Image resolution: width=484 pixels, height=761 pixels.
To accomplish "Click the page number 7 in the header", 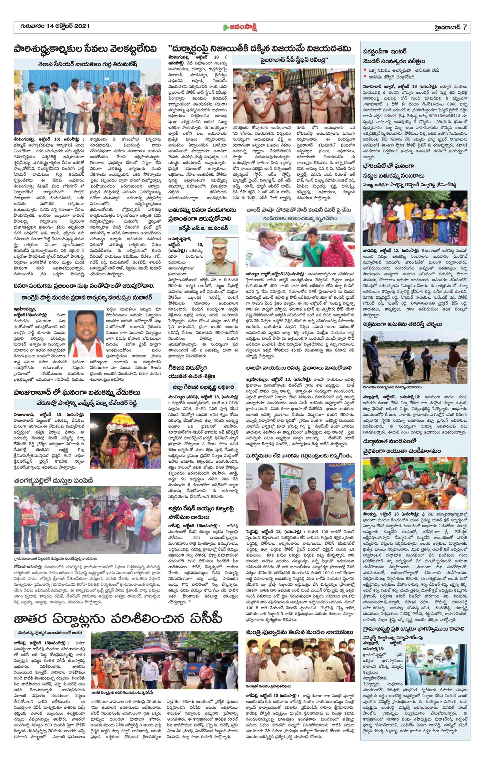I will coord(464,27).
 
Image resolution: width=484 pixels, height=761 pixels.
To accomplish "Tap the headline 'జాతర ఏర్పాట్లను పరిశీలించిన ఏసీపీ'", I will coord(118,619).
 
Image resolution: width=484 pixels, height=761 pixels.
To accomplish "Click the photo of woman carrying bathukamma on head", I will coord(125,441).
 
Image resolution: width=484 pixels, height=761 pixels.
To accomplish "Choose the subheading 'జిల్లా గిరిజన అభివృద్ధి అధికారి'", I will coord(203,387).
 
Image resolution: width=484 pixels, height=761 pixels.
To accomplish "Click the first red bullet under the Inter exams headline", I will coord(365,70).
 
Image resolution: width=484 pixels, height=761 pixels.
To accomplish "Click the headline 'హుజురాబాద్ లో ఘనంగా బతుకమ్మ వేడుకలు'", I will coord(77,392).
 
